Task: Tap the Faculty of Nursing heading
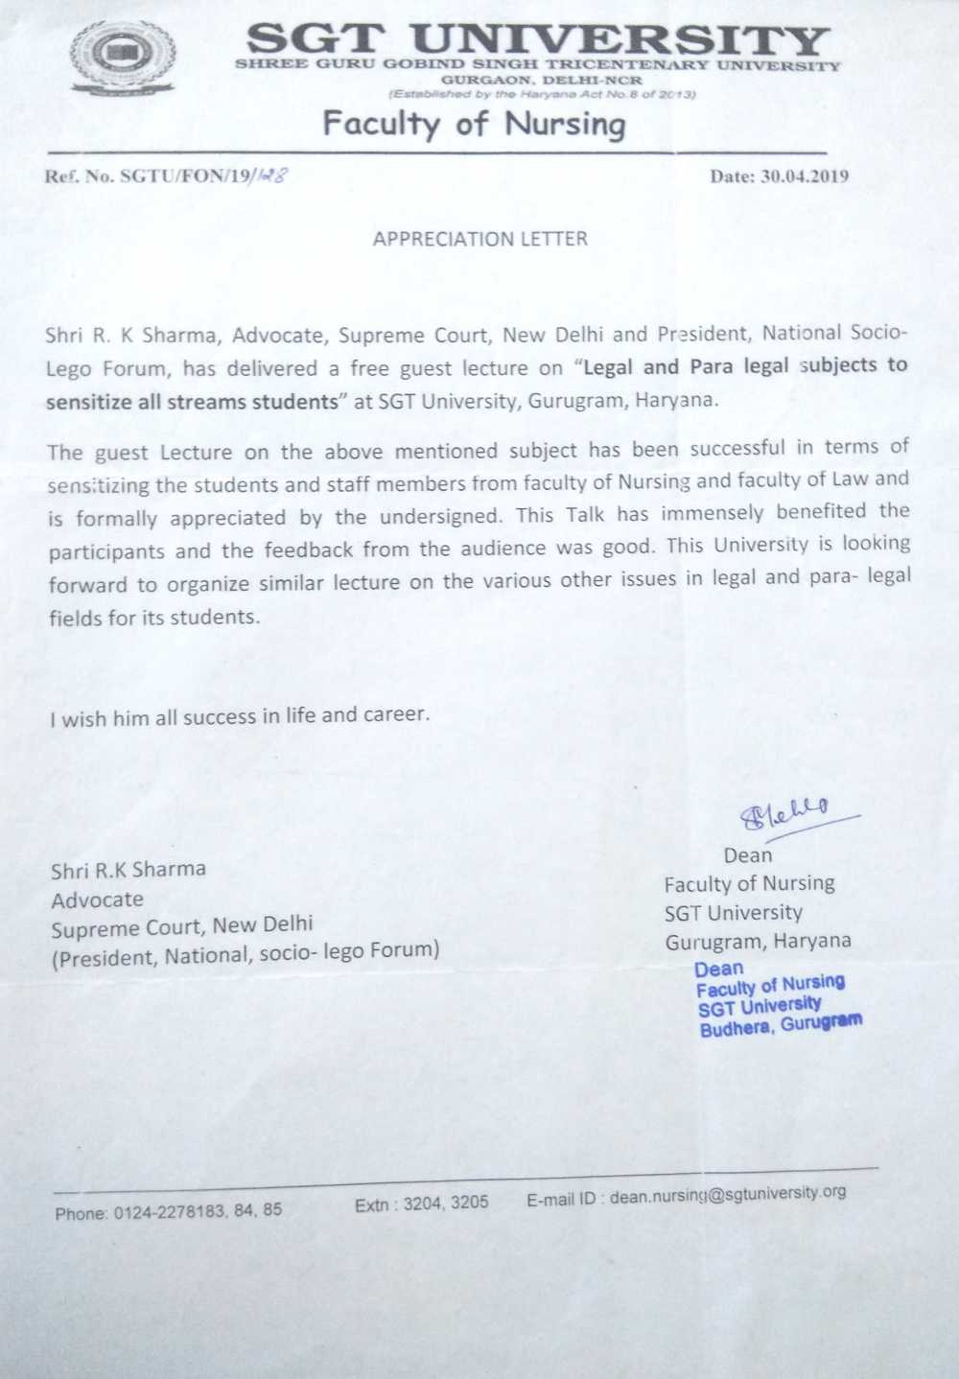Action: [x=474, y=124]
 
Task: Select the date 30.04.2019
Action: [x=779, y=176]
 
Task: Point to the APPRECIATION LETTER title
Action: [x=479, y=239]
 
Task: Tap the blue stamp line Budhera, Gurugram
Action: [x=781, y=1025]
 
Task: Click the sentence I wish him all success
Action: [x=240, y=716]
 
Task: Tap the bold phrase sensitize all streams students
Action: [x=190, y=402]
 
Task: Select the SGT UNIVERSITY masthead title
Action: [x=537, y=39]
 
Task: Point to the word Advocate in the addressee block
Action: [x=97, y=900]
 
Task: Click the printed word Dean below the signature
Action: [x=748, y=854]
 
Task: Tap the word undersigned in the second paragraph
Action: [x=440, y=516]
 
